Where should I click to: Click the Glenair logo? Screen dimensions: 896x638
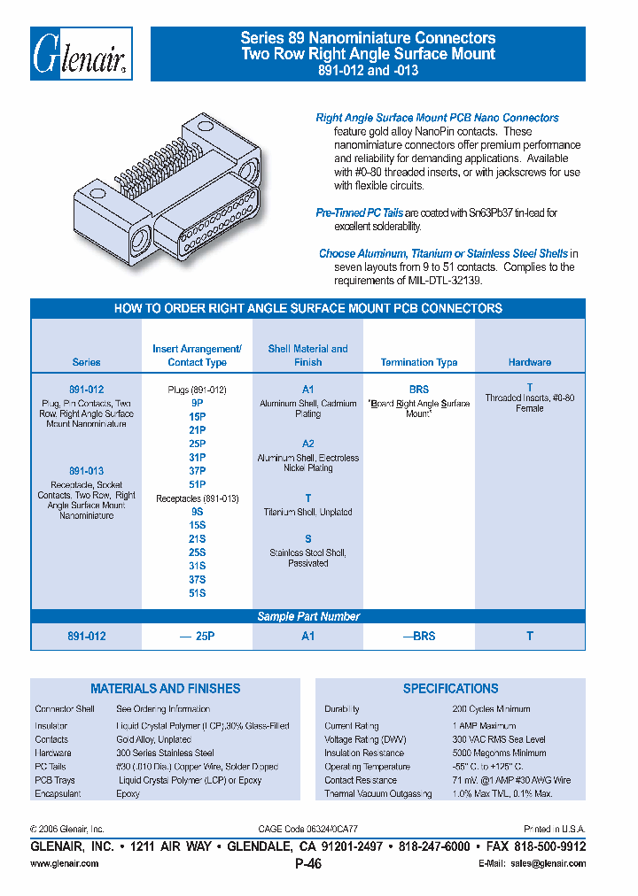pos(82,55)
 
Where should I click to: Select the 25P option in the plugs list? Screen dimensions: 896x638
pos(197,442)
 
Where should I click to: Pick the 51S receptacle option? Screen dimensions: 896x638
pos(197,593)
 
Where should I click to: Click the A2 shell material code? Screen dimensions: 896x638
pos(307,444)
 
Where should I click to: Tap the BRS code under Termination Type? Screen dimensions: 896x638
pos(418,389)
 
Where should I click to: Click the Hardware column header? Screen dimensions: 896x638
pos(530,362)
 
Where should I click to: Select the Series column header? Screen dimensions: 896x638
pos(86,362)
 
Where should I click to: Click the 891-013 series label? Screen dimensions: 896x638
pos(86,471)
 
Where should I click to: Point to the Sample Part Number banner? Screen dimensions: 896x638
pos(307,616)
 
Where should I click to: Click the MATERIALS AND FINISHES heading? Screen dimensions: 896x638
pos(165,688)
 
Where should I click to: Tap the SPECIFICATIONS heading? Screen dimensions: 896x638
pos(450,688)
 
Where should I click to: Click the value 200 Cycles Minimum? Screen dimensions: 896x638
pos(491,709)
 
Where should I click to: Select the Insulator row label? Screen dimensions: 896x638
pos(51,726)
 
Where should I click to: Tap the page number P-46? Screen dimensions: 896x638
pos(307,864)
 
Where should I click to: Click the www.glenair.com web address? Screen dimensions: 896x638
pos(65,863)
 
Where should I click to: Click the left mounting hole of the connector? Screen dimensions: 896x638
pos(142,242)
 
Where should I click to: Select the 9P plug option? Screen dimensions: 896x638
pos(197,402)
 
